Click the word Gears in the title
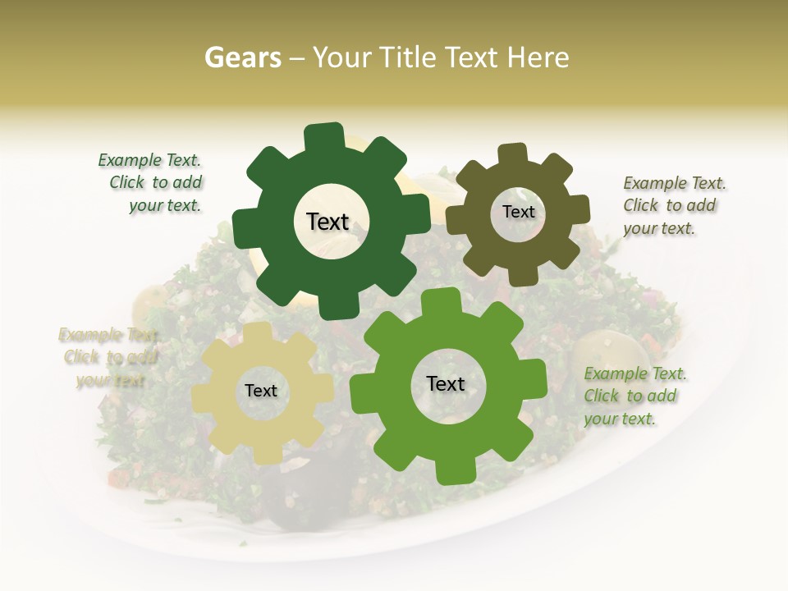click(242, 57)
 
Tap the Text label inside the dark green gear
click(328, 222)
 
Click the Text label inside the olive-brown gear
click(518, 212)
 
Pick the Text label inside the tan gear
click(261, 392)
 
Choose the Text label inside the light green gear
click(446, 384)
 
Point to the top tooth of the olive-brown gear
click(513, 154)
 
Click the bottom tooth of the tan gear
click(260, 454)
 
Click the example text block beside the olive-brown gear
click(673, 205)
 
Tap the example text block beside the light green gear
click(634, 396)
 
